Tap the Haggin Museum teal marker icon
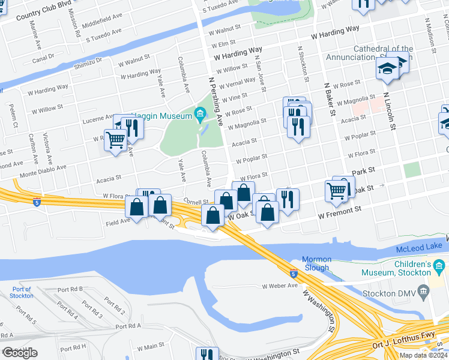click(x=200, y=113)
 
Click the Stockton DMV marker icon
click(x=424, y=293)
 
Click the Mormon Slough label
click(x=316, y=263)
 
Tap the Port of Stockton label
click(x=22, y=292)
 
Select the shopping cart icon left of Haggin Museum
click(x=115, y=140)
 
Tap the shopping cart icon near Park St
click(x=337, y=191)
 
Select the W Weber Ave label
click(x=280, y=286)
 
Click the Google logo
click(x=20, y=353)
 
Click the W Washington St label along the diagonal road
click(x=318, y=311)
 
